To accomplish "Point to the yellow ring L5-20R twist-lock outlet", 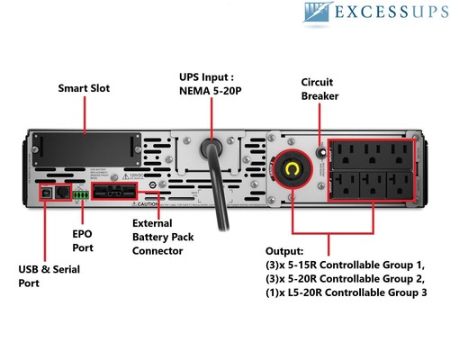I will tap(292, 172).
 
